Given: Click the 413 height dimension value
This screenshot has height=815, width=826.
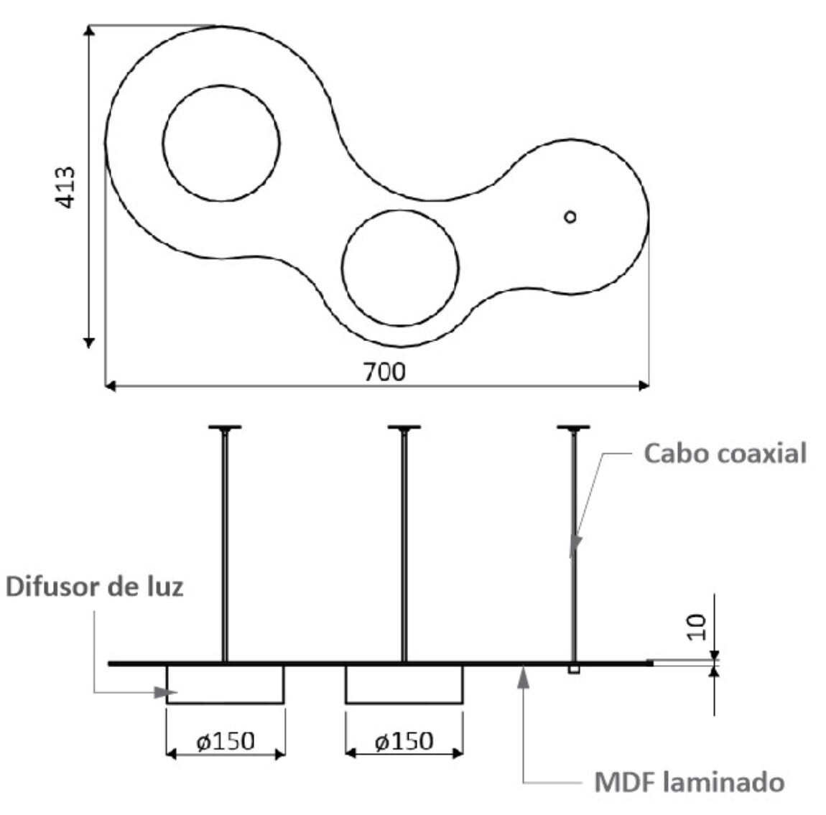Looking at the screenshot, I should [65, 188].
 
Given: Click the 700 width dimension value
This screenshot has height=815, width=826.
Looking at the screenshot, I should [384, 372].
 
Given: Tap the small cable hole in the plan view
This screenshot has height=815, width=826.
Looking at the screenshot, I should [570, 216].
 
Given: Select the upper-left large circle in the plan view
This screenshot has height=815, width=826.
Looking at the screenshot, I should [221, 142].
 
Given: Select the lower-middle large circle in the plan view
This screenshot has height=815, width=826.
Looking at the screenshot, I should [400, 266].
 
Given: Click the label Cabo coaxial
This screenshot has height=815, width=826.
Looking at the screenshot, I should [725, 454].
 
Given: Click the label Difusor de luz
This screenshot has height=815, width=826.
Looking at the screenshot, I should [95, 587].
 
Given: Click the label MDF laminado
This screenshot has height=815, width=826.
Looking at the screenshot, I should [689, 782].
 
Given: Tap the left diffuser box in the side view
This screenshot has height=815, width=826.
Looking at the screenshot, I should [226, 684].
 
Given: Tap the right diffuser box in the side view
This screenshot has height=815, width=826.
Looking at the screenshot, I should [404, 684].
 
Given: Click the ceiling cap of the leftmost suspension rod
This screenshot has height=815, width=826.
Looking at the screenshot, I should [225, 428].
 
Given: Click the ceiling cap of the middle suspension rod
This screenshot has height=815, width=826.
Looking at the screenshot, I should [404, 428].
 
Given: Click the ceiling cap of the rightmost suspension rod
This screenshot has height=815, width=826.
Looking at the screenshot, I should [573, 428].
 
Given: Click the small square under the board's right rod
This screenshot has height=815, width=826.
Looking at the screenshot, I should [573, 670].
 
